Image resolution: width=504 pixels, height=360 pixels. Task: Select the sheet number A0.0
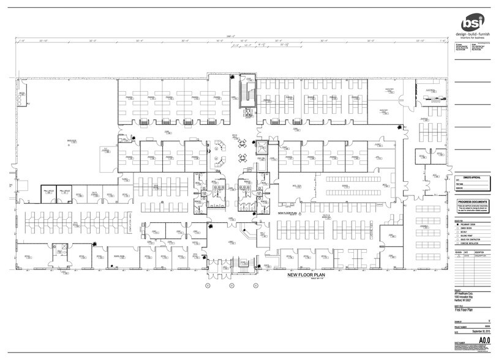(486, 338)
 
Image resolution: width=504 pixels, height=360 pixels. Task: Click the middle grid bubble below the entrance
(231, 285)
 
